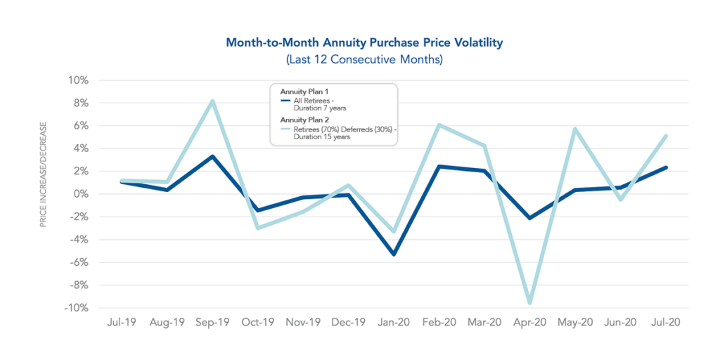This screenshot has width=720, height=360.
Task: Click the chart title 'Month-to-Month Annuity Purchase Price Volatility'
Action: [364, 43]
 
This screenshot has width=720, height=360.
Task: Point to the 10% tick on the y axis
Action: [79, 80]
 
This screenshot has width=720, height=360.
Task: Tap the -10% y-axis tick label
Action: [76, 308]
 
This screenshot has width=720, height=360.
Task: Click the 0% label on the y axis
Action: [81, 194]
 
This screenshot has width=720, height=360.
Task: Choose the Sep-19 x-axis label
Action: [212, 322]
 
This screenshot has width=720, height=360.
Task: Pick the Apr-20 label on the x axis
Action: [529, 322]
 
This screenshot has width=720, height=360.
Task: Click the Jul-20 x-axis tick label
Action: [665, 322]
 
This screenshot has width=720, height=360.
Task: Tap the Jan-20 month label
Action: [394, 322]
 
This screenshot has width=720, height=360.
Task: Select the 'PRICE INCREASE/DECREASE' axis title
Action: [44, 174]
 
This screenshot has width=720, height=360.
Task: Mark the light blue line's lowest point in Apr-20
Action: [529, 303]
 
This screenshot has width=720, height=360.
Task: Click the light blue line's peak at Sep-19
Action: [212, 101]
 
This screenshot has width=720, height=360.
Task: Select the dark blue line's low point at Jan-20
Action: [394, 254]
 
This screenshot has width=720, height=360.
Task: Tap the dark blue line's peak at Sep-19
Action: [212, 156]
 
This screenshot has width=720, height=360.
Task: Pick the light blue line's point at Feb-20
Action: [439, 125]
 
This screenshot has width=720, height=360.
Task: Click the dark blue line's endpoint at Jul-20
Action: [665, 167]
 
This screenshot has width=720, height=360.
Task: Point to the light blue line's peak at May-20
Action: [575, 129]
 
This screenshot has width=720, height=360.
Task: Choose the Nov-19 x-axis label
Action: [303, 322]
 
